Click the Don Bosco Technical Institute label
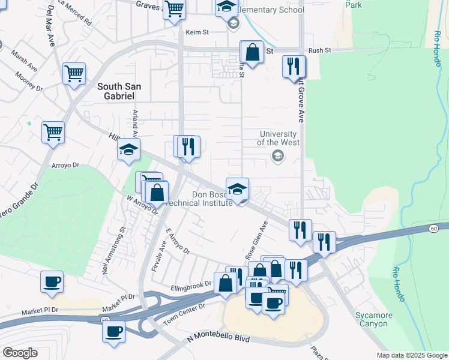212,199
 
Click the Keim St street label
197,32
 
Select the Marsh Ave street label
24,61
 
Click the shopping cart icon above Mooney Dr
74,74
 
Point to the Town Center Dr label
184,315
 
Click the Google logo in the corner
20,352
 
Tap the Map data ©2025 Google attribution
411,355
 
